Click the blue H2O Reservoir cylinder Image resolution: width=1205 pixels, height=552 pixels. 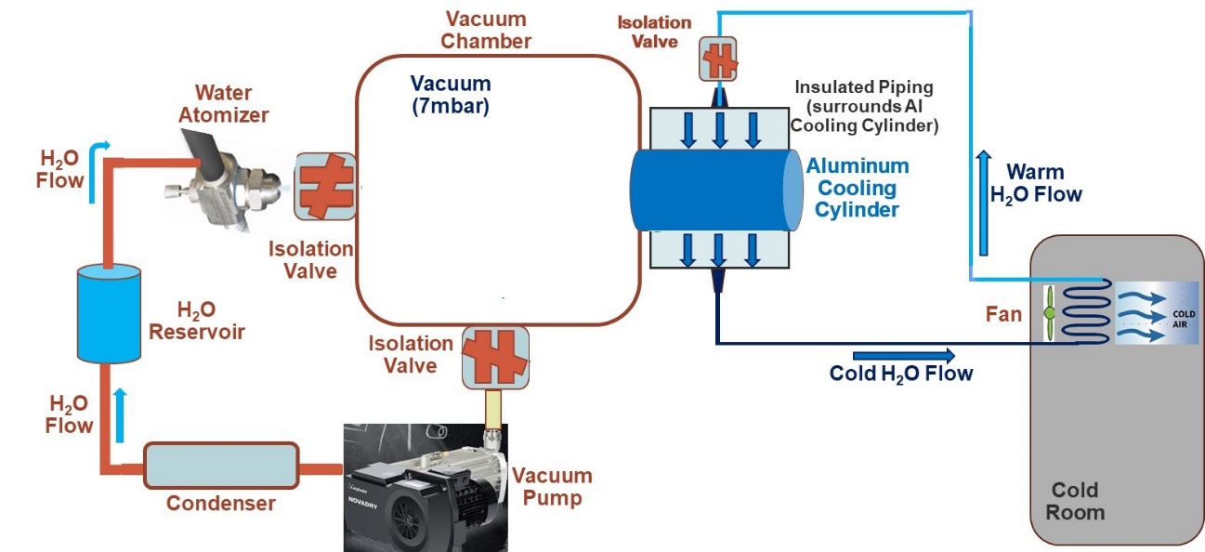(108, 313)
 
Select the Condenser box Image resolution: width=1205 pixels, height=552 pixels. (220, 464)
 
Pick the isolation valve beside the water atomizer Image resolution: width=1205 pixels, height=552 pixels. (325, 186)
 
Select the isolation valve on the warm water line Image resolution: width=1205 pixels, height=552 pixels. (717, 59)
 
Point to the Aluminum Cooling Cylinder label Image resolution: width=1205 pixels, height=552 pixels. (857, 188)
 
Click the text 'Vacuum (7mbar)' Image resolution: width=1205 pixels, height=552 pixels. (450, 94)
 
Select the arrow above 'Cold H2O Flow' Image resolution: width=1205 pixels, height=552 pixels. (902, 355)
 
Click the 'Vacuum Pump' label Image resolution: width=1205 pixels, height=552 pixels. (551, 487)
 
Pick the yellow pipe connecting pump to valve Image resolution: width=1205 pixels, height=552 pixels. (493, 406)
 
